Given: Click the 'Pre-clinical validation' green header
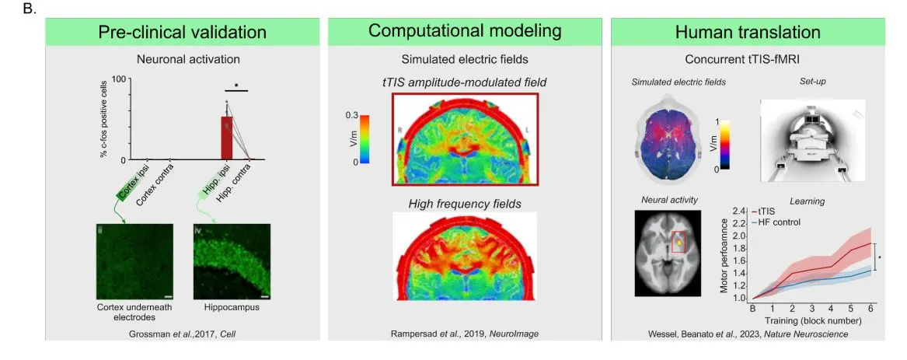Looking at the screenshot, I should click(182, 32).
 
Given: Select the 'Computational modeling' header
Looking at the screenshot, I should click(465, 31).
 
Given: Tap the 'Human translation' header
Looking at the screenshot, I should click(748, 32).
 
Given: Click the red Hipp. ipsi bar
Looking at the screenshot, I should click(227, 137).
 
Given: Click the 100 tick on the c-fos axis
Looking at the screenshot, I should click(118, 79).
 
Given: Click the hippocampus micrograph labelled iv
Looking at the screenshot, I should click(232, 261).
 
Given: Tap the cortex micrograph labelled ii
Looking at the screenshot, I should click(134, 261).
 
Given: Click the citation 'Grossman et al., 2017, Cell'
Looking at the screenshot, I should click(182, 334).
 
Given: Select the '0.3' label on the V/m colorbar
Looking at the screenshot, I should click(351, 114).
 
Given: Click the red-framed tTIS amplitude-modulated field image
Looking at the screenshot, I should click(466, 140).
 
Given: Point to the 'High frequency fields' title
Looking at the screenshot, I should click(464, 204).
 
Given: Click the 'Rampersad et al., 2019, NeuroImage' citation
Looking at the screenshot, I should click(465, 334).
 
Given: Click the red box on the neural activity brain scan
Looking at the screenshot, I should click(679, 243).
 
